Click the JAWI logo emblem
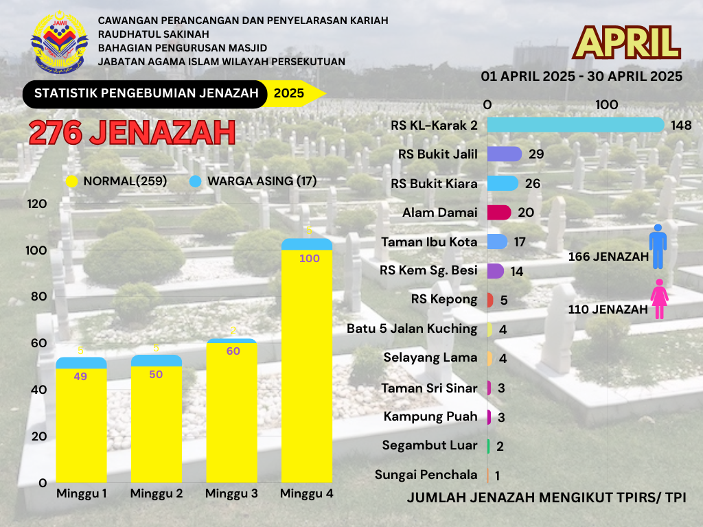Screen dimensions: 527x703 tap(60, 43)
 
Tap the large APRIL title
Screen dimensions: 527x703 tap(627, 43)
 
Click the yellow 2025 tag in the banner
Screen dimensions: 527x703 tap(290, 94)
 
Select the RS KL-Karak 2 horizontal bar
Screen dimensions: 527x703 tap(575, 125)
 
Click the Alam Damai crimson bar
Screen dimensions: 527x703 tap(499, 213)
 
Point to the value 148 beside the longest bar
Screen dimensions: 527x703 tap(681, 126)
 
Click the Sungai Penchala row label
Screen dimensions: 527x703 tap(426, 475)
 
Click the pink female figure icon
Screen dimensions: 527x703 tap(659, 299)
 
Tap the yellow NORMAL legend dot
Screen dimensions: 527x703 tap(71, 182)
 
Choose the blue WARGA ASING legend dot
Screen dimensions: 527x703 tap(195, 182)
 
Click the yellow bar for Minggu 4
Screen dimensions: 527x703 tap(307, 364)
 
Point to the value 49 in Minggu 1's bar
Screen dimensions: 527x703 tap(80, 376)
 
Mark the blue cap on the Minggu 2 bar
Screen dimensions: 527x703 tap(157, 360)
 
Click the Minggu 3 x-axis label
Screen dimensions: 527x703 tap(231, 493)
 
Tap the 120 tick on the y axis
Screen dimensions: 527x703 tap(37, 204)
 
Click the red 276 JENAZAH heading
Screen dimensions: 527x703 tap(132, 132)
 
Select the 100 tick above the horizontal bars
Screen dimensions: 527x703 tap(607, 105)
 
